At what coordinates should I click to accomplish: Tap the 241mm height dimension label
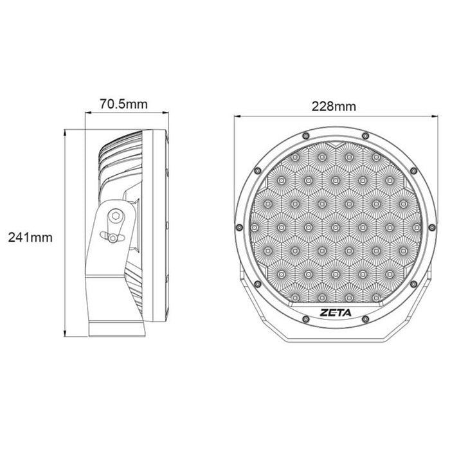click(30, 237)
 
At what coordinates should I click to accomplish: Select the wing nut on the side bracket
click(114, 239)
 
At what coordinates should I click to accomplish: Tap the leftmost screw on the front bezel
click(240, 227)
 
